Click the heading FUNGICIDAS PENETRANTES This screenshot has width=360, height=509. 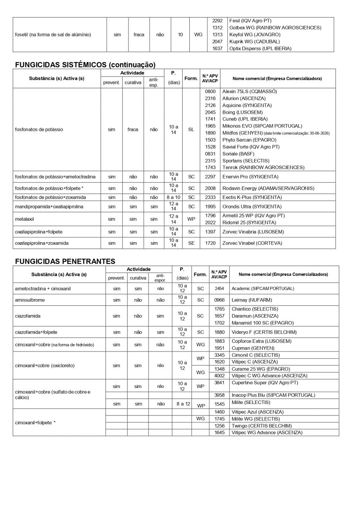point(65,261)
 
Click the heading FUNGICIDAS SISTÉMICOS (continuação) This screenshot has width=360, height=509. point(85,64)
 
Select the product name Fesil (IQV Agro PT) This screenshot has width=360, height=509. point(250,21)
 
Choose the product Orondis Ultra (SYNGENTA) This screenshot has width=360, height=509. point(252,206)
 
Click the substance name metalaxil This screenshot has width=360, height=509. point(25,219)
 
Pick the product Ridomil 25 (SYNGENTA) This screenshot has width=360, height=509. point(249,223)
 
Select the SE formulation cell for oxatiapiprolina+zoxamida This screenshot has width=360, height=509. point(191,243)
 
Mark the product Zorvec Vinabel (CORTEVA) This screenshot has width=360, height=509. point(252,243)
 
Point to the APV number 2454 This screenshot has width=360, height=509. point(219,289)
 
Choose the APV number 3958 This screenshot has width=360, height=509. point(220,395)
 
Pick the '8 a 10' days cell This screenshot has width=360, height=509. point(173,197)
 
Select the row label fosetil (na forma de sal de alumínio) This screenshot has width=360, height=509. point(53,35)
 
